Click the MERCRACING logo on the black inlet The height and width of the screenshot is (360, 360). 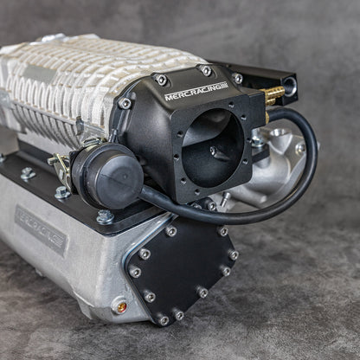(x=196, y=90)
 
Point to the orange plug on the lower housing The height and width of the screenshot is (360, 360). (x=120, y=305)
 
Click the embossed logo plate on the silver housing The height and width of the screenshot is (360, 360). (x=41, y=228)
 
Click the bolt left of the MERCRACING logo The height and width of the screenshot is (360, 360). (x=161, y=80)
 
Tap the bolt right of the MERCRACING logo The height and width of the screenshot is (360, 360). (x=237, y=79)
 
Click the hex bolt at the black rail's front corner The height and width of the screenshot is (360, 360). (x=104, y=215)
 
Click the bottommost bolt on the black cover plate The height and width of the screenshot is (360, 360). (x=164, y=319)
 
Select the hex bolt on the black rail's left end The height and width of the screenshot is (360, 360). (x=28, y=173)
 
